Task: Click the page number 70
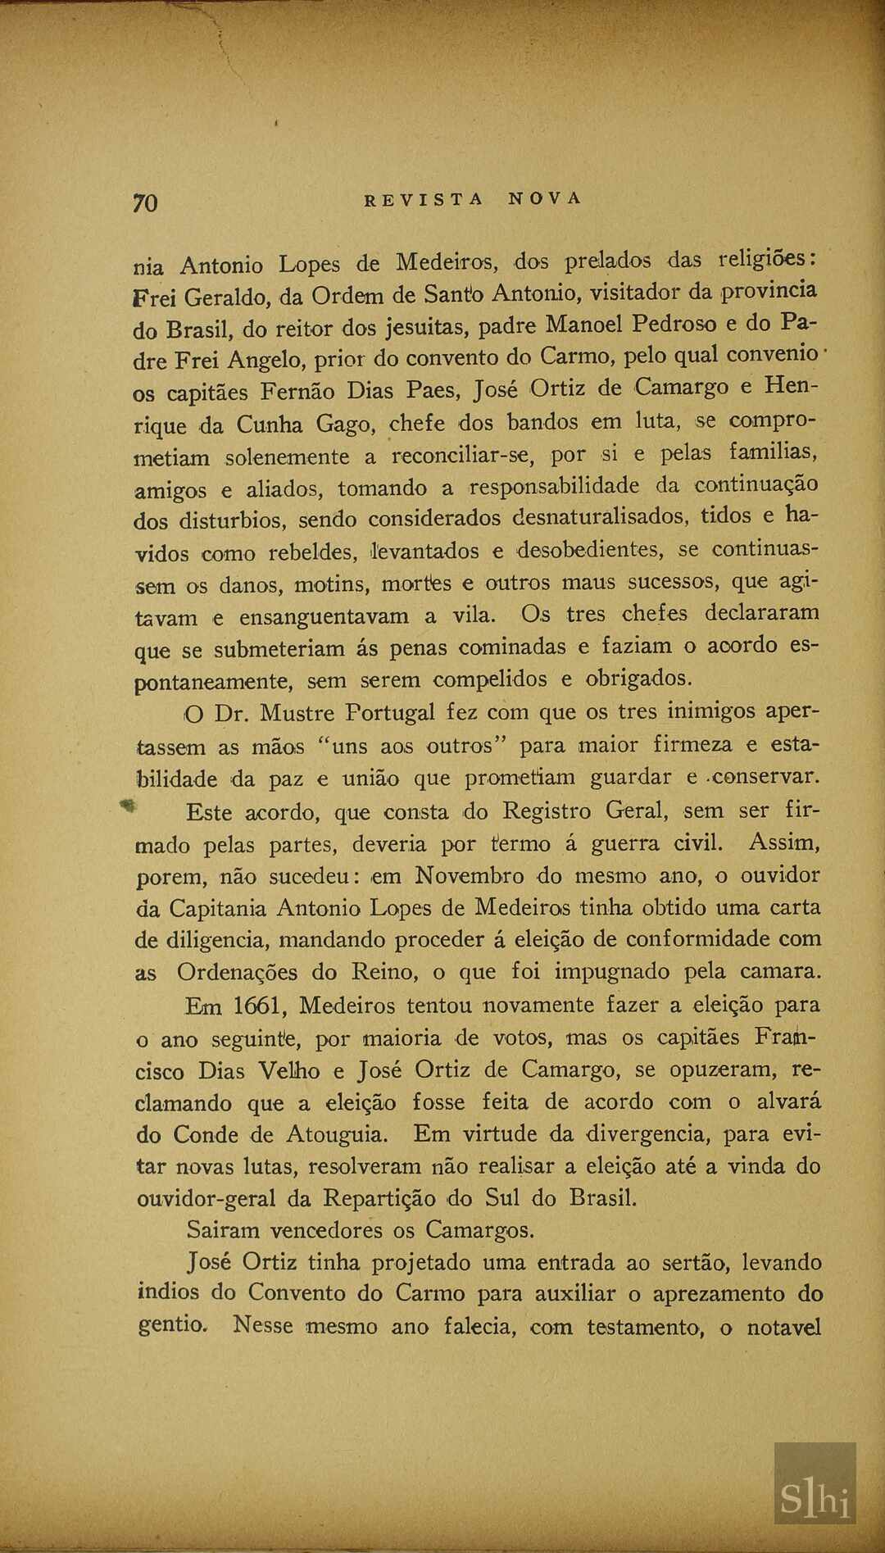[x=145, y=202]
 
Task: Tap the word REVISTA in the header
[x=424, y=199]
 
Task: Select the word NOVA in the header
[x=545, y=198]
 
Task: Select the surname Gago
[x=345, y=425]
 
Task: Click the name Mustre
[x=297, y=713]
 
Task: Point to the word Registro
[x=547, y=811]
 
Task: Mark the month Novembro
[x=469, y=875]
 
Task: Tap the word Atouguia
[x=336, y=1135]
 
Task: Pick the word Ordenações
[x=237, y=973]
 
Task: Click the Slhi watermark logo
[x=815, y=1496]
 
